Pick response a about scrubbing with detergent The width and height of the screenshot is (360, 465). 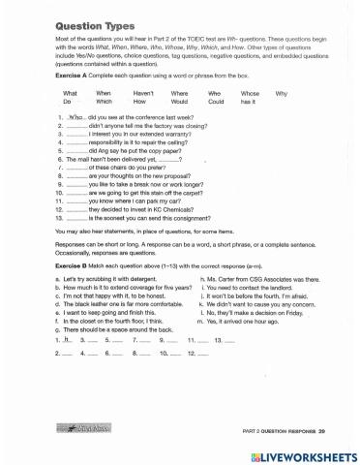click(x=109, y=278)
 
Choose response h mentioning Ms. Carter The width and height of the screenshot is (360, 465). click(x=252, y=278)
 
